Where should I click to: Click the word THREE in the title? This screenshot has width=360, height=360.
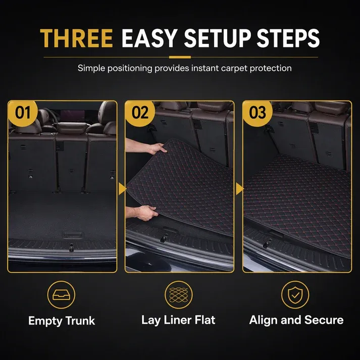tap(77, 38)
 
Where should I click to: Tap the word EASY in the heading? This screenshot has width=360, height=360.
tap(149, 38)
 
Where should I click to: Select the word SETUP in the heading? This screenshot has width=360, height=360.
tap(217, 38)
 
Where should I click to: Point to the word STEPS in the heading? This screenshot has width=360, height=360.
tap(288, 38)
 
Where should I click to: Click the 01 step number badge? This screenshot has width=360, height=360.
tap(23, 113)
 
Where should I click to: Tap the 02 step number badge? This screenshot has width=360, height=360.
tap(140, 113)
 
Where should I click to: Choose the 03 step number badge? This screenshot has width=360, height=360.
tap(258, 113)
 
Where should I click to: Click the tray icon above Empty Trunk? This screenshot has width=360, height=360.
tap(61, 295)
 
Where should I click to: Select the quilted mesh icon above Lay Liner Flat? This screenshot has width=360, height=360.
tap(179, 295)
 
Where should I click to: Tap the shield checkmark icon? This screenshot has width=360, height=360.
tap(295, 295)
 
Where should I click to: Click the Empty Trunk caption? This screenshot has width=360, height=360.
tap(62, 321)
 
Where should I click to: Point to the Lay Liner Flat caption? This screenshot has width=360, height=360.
tap(178, 320)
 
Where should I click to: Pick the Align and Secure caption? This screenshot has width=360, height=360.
tap(296, 320)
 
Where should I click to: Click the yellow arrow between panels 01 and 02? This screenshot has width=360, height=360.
tap(122, 189)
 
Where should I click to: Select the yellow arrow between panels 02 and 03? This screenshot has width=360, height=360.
tap(240, 189)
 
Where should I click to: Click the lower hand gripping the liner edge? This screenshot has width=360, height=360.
tap(147, 213)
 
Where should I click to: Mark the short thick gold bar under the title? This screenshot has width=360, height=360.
tap(180, 57)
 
